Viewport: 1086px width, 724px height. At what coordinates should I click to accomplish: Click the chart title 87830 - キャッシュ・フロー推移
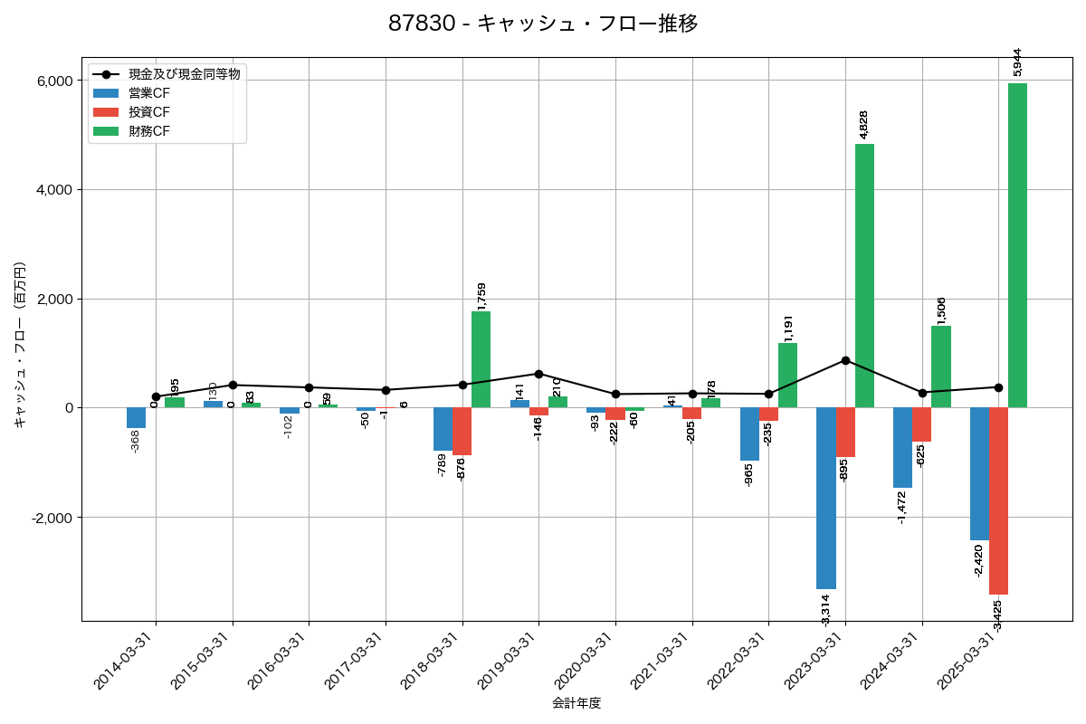click(543, 24)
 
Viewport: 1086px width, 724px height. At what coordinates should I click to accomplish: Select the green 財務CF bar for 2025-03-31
click(1017, 245)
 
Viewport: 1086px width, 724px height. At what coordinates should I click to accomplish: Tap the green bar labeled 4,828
click(864, 275)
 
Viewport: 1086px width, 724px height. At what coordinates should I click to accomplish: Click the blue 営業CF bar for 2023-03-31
click(825, 498)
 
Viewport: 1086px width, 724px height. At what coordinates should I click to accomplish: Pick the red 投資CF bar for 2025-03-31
click(998, 500)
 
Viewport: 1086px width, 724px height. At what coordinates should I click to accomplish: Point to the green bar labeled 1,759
click(481, 359)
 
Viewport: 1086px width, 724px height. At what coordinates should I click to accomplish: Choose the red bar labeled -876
click(462, 431)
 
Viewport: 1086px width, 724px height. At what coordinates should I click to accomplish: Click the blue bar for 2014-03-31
click(136, 417)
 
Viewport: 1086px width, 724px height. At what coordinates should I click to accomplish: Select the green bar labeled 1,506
click(941, 367)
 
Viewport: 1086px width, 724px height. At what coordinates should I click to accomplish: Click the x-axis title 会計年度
click(576, 703)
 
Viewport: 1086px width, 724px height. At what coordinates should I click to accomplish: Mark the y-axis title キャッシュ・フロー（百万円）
click(20, 344)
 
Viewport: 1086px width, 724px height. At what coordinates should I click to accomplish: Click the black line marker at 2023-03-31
click(845, 360)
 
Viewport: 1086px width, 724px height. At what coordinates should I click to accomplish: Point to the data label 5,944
click(1018, 62)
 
